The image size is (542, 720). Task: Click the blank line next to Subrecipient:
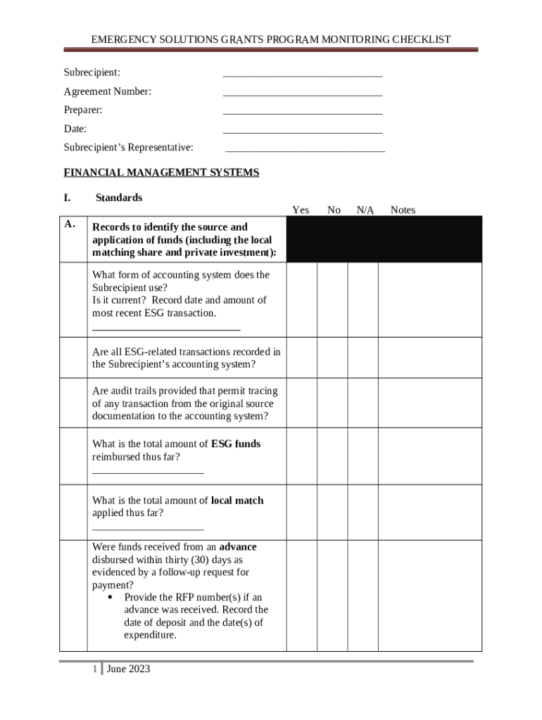pos(303,74)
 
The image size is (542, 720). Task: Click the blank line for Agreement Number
pos(303,93)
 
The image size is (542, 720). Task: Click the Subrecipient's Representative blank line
pos(305,149)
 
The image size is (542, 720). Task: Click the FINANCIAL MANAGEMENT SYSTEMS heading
pos(161,172)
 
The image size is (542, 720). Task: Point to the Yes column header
pos(301,210)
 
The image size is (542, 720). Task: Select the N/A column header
pos(365,210)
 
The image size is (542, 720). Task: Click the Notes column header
pos(403,210)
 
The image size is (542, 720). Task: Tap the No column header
pos(334,210)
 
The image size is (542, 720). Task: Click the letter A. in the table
pos(70,224)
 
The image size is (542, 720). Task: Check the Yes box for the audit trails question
pos(301,403)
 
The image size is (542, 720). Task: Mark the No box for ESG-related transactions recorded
pos(332,357)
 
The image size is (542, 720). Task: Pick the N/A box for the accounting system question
pos(363,300)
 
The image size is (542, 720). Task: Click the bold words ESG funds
pos(236,444)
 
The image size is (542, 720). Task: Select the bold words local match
pos(237,500)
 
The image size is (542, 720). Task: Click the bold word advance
pos(238,546)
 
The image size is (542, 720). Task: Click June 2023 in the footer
pos(128,669)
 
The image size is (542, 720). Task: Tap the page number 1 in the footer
pos(94,669)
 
